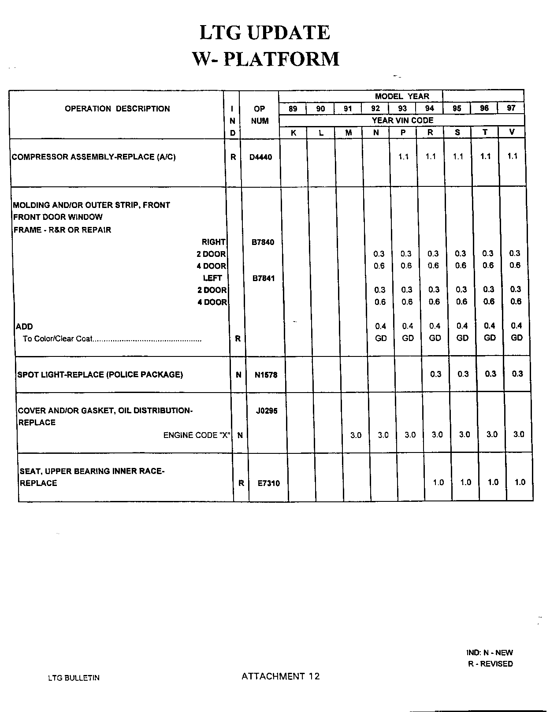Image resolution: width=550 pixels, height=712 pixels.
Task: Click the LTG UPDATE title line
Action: tap(264, 33)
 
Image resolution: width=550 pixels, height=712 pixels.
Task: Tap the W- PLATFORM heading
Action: tap(266, 59)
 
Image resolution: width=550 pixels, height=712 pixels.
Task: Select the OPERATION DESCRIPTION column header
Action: tap(117, 109)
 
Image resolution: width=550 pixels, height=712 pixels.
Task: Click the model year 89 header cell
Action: tap(293, 108)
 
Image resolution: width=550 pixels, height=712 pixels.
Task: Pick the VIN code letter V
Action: tap(512, 132)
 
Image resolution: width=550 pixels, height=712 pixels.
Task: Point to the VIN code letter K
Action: tap(294, 133)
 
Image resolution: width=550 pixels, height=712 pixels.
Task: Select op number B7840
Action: tap(263, 242)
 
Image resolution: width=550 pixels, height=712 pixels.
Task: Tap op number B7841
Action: tap(263, 278)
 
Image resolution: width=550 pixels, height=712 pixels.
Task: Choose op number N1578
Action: tap(266, 375)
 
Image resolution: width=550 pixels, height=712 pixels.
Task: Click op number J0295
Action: tap(267, 411)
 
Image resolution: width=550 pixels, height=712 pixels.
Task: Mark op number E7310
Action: tap(268, 483)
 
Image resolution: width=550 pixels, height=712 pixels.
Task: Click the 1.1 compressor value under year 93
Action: tap(404, 156)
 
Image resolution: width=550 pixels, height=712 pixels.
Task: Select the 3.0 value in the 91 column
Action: tap(356, 435)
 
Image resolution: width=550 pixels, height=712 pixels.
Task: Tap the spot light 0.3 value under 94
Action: tap(435, 374)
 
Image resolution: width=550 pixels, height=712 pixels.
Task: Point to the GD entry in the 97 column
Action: tap(517, 337)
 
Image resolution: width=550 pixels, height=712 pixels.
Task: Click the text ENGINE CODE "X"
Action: tap(197, 435)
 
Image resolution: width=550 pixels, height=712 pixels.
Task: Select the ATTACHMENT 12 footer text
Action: tap(280, 676)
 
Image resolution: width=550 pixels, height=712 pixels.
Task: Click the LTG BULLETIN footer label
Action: tap(74, 678)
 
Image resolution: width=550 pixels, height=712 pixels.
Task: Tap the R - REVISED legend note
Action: tap(490, 664)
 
